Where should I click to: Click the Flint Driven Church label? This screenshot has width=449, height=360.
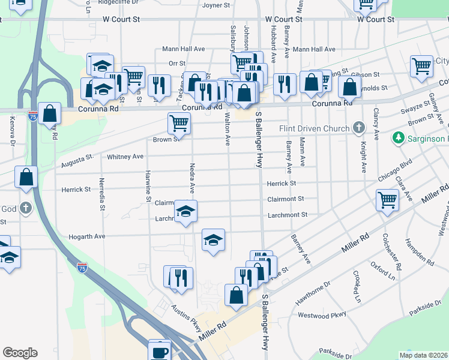[x=314, y=128]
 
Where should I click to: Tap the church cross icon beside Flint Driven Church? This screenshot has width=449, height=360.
[x=358, y=128]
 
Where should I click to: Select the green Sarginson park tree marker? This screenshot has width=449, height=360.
[x=397, y=139]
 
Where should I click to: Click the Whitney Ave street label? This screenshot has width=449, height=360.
[x=125, y=157]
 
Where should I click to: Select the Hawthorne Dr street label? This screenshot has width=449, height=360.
[x=310, y=292]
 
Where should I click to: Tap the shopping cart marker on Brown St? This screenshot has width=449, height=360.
[x=179, y=123]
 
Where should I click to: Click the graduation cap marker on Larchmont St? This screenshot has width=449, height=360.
[x=186, y=211]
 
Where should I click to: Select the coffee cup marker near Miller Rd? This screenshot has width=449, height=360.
[x=160, y=350]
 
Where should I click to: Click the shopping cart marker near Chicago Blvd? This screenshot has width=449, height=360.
[x=387, y=200]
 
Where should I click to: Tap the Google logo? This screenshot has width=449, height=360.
[x=20, y=353]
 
